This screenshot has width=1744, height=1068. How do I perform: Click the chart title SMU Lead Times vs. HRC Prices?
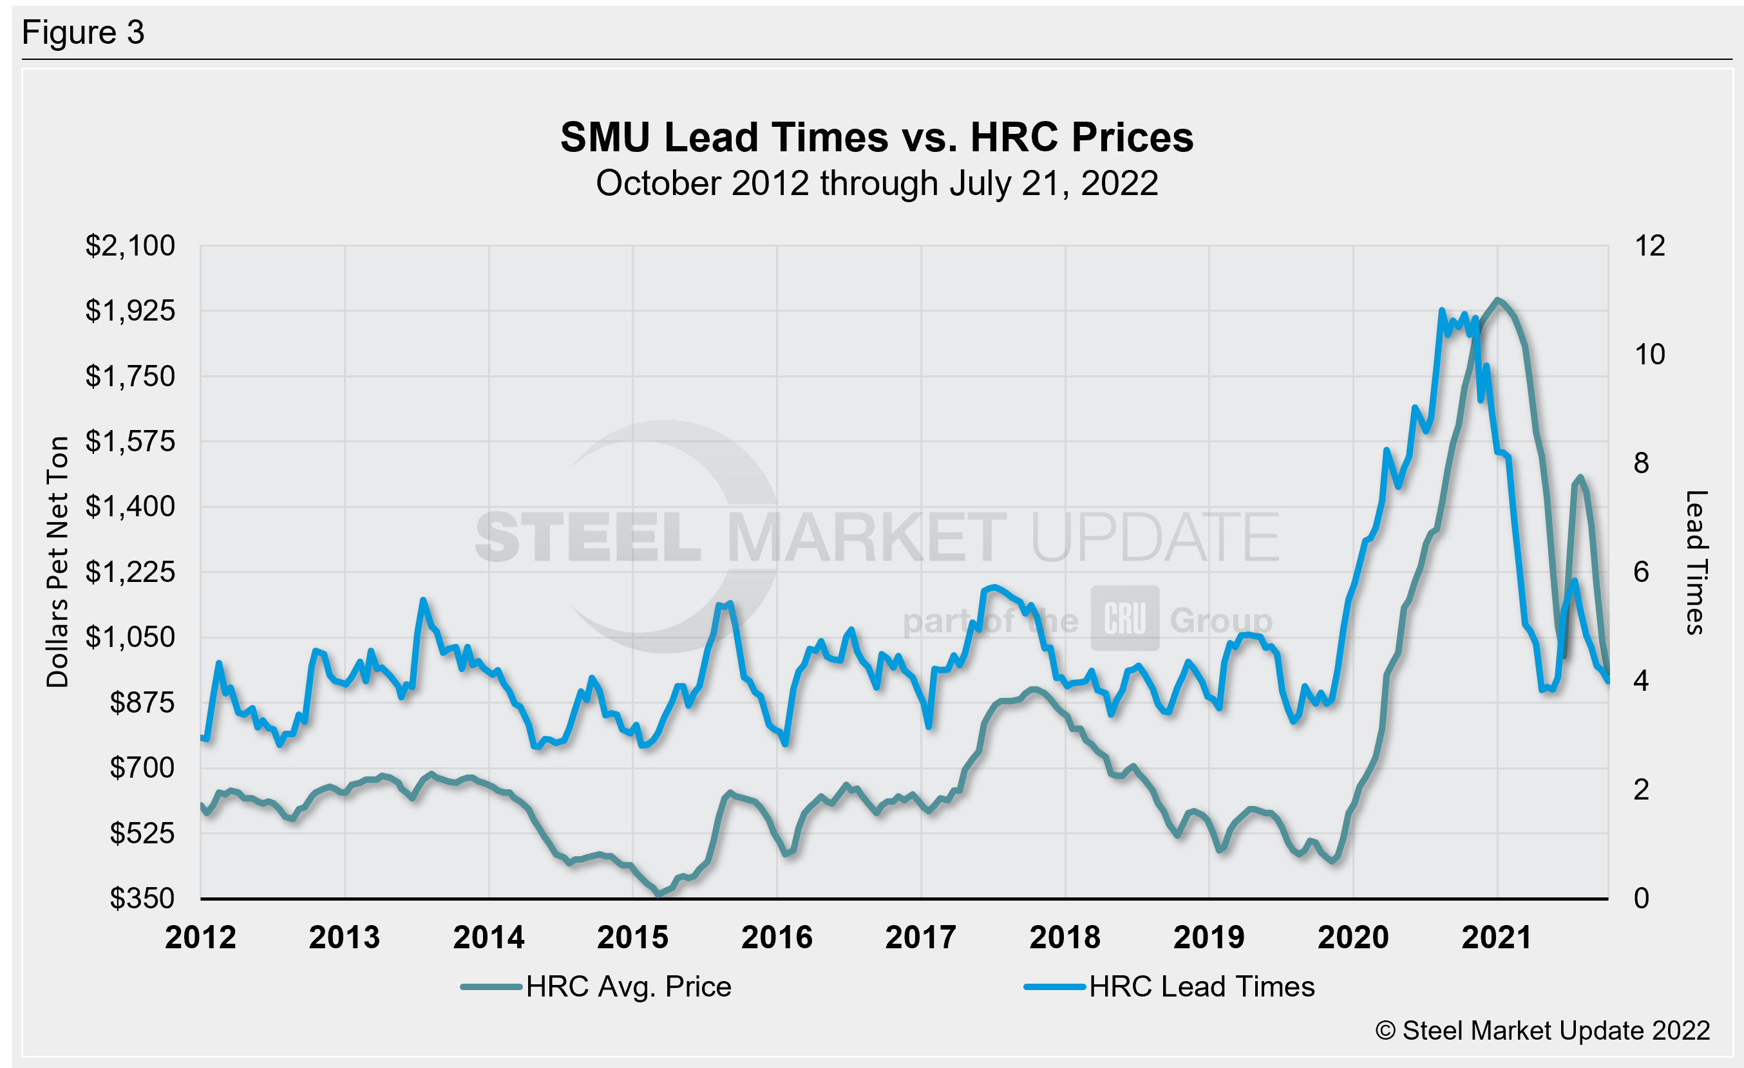pyautogui.click(x=877, y=137)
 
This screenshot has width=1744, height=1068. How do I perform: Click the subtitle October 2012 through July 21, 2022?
pyautogui.click(x=877, y=183)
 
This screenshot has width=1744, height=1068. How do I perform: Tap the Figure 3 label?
pyautogui.click(x=83, y=33)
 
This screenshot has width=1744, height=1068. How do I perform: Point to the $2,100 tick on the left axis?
pyautogui.click(x=130, y=246)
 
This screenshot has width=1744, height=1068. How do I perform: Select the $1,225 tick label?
pyautogui.click(x=130, y=572)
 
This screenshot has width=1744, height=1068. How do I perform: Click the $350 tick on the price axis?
pyautogui.click(x=142, y=899)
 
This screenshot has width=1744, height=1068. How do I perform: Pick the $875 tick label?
pyautogui.click(x=142, y=703)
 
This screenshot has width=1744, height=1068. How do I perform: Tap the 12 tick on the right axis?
pyautogui.click(x=1649, y=246)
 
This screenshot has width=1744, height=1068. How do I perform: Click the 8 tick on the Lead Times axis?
pyautogui.click(x=1642, y=464)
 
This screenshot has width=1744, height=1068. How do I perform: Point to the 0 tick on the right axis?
pyautogui.click(x=1642, y=899)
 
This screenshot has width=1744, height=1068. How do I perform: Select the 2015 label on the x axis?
pyautogui.click(x=632, y=938)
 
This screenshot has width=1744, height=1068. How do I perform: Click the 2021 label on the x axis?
pyautogui.click(x=1496, y=938)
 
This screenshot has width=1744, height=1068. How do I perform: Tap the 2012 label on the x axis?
pyautogui.click(x=200, y=938)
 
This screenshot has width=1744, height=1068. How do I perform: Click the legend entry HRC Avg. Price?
pyautogui.click(x=628, y=987)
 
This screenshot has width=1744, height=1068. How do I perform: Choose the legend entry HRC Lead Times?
pyautogui.click(x=1201, y=987)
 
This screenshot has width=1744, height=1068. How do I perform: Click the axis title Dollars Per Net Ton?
pyautogui.click(x=57, y=562)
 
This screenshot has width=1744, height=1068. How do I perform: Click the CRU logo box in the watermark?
pyautogui.click(x=1124, y=618)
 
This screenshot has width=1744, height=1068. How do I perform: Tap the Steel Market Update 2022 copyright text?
pyautogui.click(x=1543, y=1031)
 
